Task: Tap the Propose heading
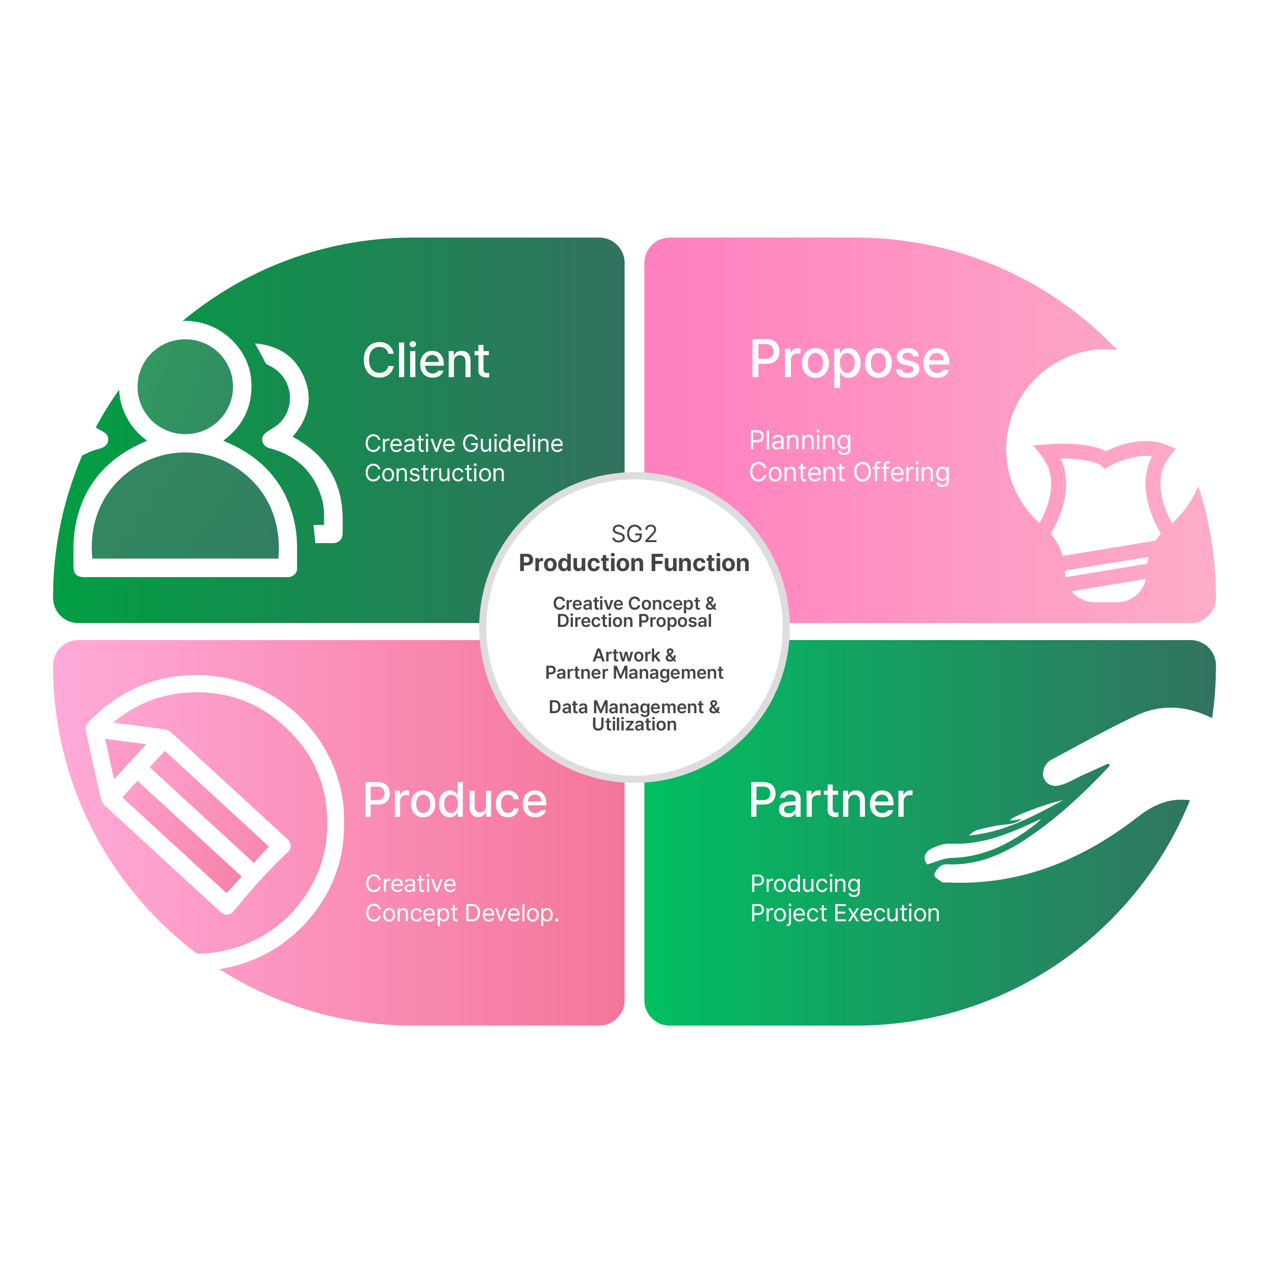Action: coord(849,360)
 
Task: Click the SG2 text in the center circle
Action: coord(634,534)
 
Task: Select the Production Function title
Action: coord(634,563)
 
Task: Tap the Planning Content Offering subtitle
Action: coord(849,456)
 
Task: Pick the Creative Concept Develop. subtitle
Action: coord(462,898)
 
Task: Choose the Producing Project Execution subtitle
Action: coord(845,898)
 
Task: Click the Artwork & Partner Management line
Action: coord(634,663)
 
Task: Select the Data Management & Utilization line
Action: coord(634,715)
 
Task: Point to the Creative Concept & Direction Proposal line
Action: coord(634,612)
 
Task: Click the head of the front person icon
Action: coord(185,386)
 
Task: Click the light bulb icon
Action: coord(1105,519)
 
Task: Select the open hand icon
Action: coord(1064,808)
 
